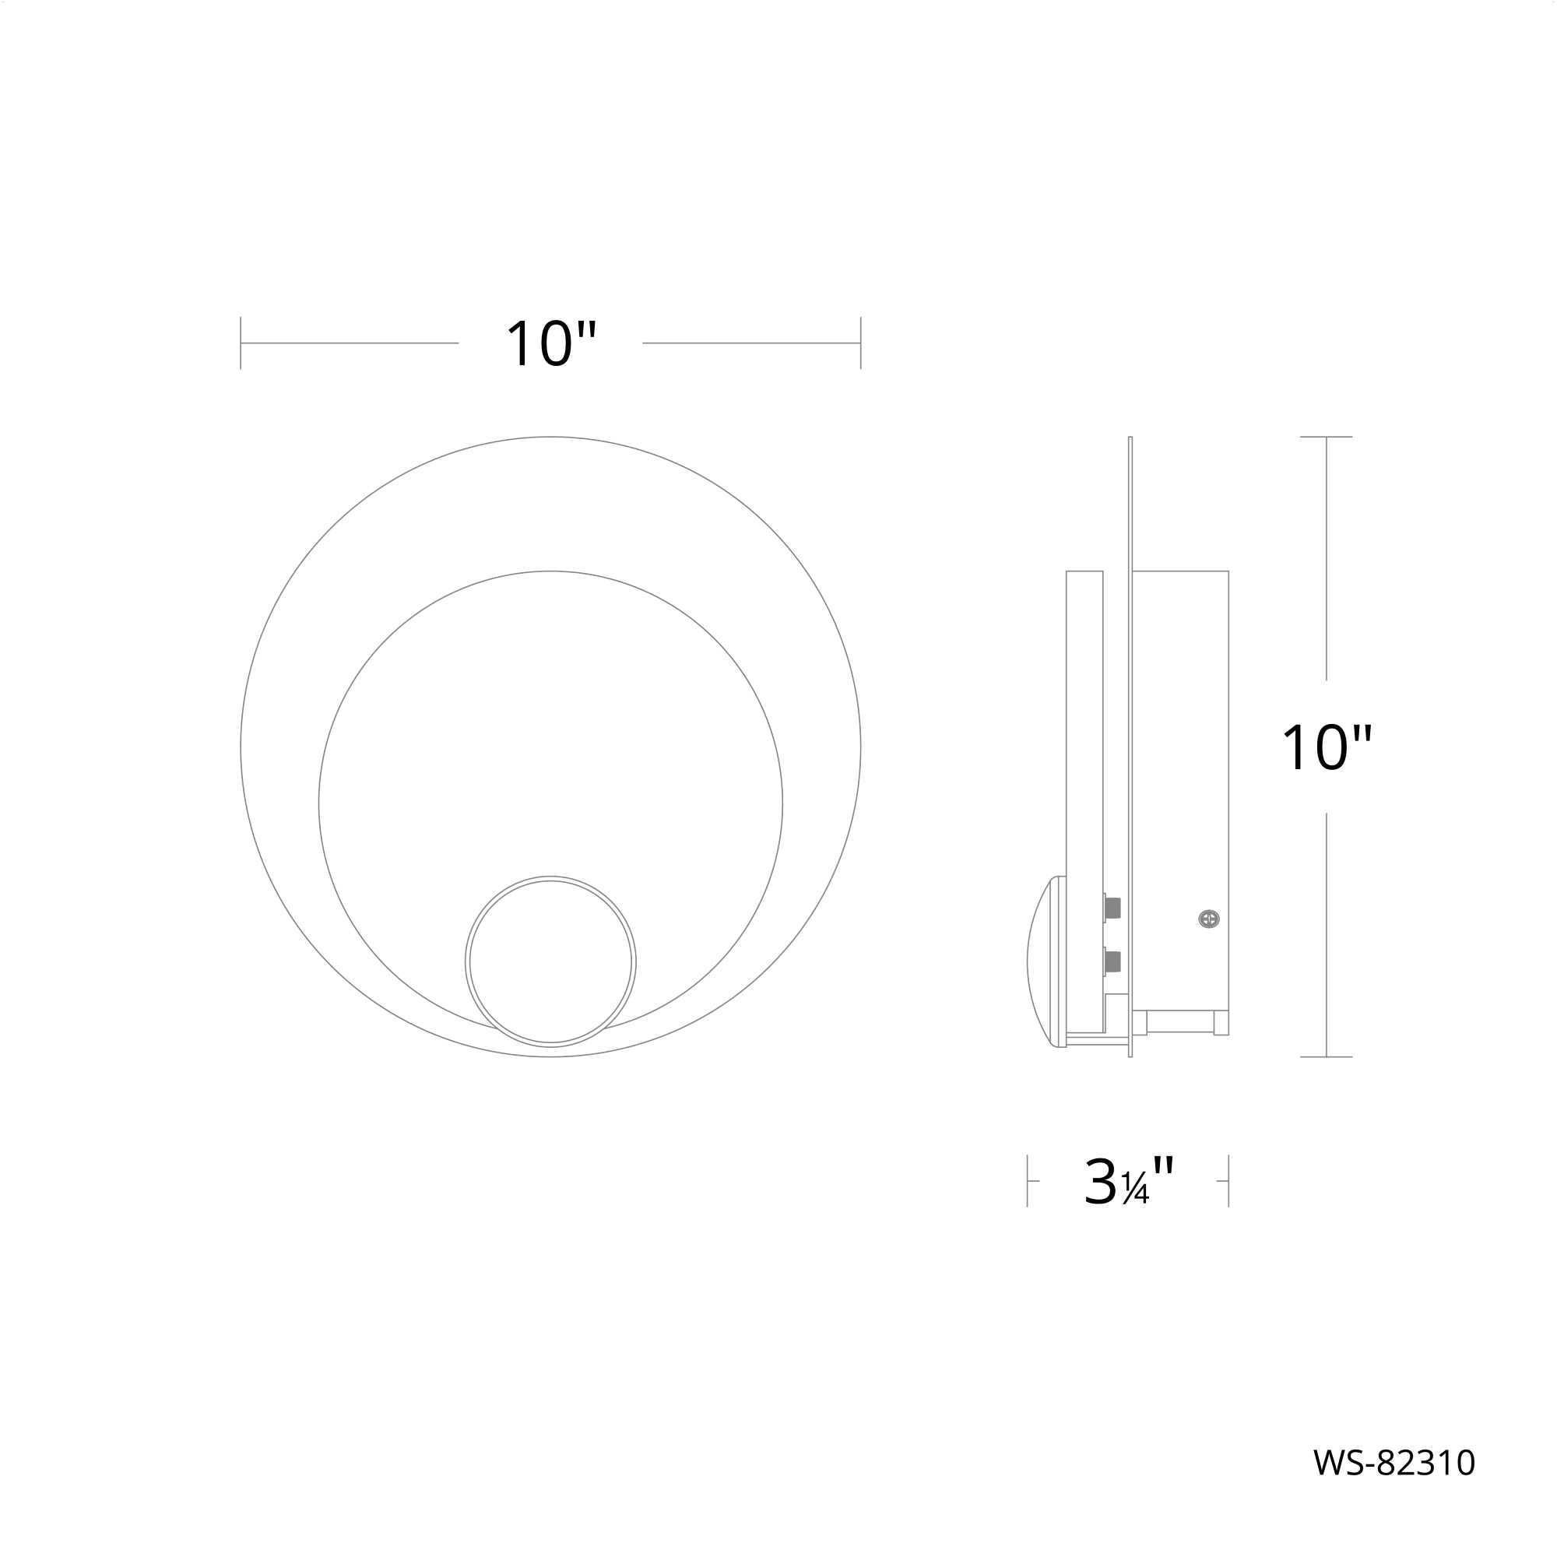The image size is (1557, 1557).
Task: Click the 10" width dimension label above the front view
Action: point(551,344)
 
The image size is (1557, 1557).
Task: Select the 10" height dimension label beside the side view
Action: point(1327,748)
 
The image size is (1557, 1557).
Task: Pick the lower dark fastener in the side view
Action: point(1113,961)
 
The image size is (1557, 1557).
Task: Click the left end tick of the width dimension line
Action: point(241,343)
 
